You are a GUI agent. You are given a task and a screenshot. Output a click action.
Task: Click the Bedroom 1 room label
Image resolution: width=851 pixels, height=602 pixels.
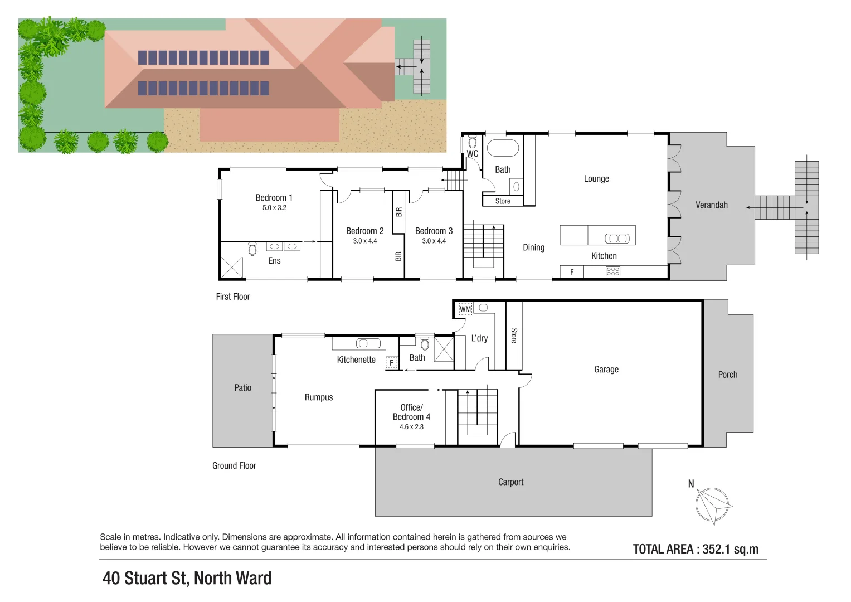(274, 198)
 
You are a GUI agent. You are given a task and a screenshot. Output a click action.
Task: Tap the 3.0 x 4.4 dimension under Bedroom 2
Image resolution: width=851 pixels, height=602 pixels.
(364, 241)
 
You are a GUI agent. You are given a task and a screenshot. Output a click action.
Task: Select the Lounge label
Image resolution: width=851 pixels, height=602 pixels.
(596, 179)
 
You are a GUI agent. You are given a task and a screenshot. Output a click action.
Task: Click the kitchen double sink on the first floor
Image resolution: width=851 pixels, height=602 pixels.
(617, 239)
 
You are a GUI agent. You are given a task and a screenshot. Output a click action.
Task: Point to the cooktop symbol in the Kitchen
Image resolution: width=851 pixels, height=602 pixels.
(612, 271)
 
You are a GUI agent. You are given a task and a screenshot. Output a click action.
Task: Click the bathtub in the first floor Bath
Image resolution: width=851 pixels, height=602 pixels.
(503, 148)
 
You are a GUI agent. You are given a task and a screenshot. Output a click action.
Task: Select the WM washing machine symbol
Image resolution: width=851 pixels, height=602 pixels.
(465, 309)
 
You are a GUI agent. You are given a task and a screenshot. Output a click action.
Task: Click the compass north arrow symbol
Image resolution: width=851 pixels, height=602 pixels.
(713, 505)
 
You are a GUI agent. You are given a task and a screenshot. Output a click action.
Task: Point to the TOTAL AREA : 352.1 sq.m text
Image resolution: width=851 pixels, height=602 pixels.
(696, 549)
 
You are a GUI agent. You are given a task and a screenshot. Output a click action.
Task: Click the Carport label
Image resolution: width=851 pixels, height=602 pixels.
(510, 482)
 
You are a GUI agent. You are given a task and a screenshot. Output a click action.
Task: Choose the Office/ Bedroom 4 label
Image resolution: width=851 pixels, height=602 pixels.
(411, 412)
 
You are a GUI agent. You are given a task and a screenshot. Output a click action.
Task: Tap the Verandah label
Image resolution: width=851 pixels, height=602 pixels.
(711, 205)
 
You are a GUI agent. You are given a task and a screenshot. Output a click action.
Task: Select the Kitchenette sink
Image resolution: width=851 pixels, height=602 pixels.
(368, 343)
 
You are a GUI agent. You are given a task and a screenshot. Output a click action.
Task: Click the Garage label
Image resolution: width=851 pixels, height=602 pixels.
(606, 370)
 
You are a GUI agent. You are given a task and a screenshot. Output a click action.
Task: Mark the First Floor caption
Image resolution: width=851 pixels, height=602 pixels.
(233, 297)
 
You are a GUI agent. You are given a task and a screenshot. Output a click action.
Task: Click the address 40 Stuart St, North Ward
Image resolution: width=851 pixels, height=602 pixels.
(187, 579)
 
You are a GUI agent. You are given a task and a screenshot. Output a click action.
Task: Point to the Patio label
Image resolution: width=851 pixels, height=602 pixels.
(242, 388)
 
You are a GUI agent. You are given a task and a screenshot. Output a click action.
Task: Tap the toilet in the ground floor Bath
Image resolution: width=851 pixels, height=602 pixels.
(425, 343)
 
